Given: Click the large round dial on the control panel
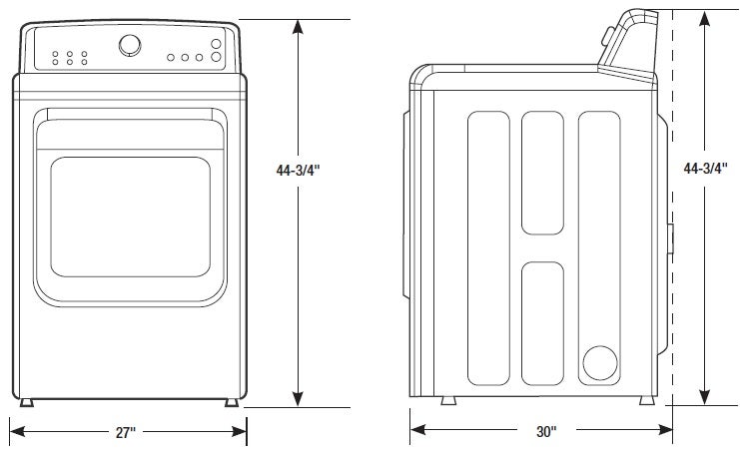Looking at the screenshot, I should (x=130, y=45).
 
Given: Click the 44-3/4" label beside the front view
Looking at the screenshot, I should (x=298, y=170).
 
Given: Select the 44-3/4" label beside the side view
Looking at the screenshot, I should (x=704, y=170).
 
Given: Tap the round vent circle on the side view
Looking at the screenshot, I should (x=601, y=363).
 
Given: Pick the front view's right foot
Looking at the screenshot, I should (x=233, y=402).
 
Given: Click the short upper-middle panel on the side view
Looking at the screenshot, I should (x=543, y=172).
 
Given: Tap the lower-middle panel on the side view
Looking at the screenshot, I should (x=543, y=322).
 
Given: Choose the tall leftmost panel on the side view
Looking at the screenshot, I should (x=488, y=247).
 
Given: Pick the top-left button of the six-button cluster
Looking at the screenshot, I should (x=55, y=53).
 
